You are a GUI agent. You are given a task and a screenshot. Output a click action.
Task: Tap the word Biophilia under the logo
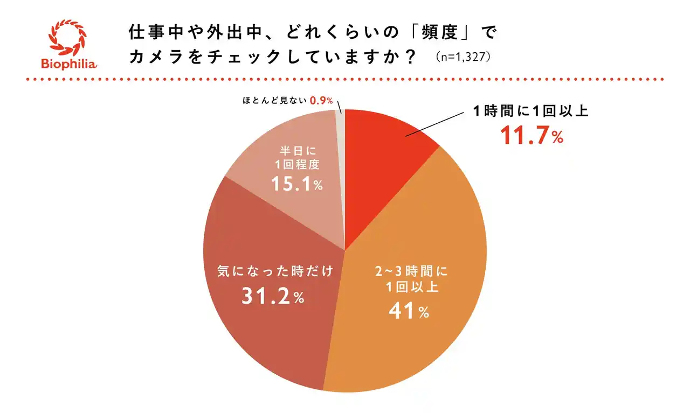(68, 64)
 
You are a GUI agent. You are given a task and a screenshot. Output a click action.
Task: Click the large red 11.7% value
(532, 136)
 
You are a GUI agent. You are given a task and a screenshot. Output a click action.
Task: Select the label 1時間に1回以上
(530, 111)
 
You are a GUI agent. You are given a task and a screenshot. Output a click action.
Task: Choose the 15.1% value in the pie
(296, 185)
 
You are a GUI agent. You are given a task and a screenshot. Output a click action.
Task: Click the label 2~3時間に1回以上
(411, 278)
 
